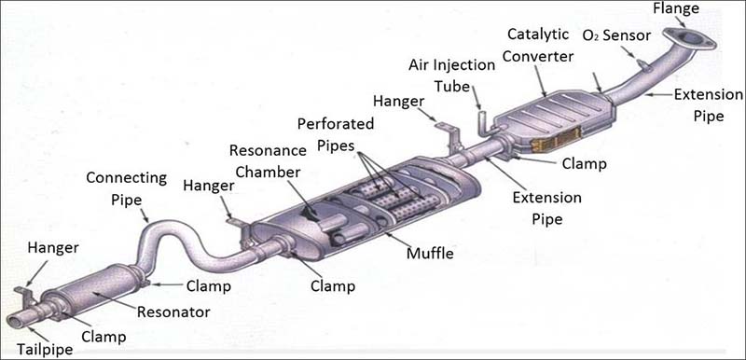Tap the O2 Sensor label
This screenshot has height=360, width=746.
tap(616, 35)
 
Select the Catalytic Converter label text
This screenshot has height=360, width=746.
tap(538, 45)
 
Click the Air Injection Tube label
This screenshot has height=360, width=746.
tap(452, 76)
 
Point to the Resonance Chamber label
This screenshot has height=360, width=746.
tap(268, 161)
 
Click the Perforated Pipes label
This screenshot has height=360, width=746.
tap(336, 134)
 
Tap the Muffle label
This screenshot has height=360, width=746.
tap(430, 254)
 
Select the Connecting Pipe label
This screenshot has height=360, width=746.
tap(127, 188)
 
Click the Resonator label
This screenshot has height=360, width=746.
tap(173, 312)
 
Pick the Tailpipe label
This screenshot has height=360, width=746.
tap(45, 350)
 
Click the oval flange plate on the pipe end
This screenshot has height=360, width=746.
tap(689, 38)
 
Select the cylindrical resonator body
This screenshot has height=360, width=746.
tap(92, 290)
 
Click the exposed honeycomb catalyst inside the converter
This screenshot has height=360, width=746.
tap(557, 141)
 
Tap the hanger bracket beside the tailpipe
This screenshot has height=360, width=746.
tap(25, 296)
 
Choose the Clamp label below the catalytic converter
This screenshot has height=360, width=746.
tap(585, 164)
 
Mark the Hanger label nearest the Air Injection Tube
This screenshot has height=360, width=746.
tap(398, 101)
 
